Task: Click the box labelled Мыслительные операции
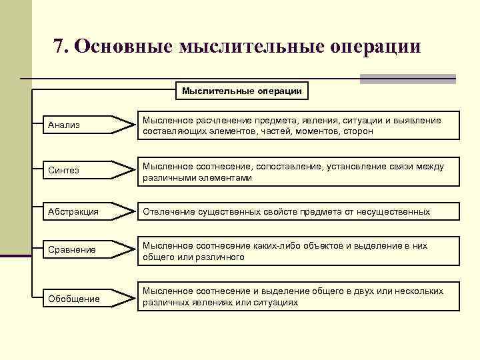pyautogui.click(x=242, y=91)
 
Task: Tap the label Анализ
pyautogui.click(x=63, y=125)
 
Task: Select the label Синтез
pyautogui.click(x=63, y=170)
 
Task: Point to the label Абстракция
pyautogui.click(x=73, y=211)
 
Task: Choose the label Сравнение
pyautogui.click(x=72, y=250)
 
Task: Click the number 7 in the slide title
pyautogui.click(x=59, y=46)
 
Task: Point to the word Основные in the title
pyautogui.click(x=123, y=46)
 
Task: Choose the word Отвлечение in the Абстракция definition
pyautogui.click(x=168, y=211)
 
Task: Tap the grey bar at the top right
pyautogui.click(x=407, y=79)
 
